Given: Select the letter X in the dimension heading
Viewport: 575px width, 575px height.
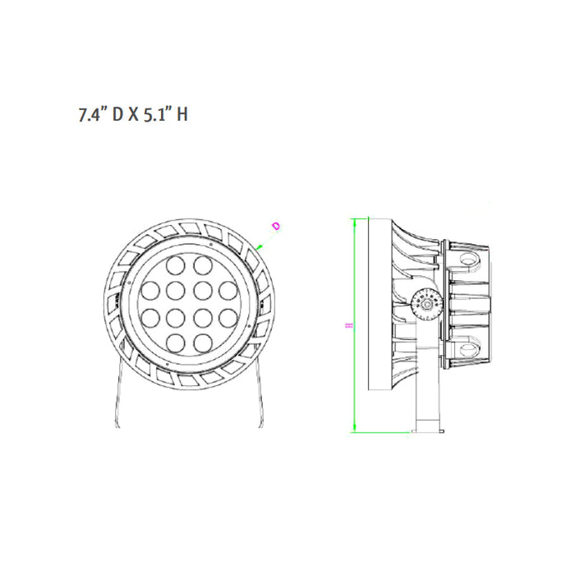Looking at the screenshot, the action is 133,114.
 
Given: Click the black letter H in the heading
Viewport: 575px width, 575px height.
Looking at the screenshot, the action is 182,114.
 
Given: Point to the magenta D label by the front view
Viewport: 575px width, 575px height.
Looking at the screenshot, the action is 276,226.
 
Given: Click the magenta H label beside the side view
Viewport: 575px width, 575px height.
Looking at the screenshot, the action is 349,325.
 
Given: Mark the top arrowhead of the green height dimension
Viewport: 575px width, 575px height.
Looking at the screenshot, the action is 354,223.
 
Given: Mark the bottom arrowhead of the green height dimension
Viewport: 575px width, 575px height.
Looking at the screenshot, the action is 354,428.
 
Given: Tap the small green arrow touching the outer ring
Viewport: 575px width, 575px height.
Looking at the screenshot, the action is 259,247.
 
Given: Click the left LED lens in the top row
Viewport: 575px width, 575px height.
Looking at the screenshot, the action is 175,265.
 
